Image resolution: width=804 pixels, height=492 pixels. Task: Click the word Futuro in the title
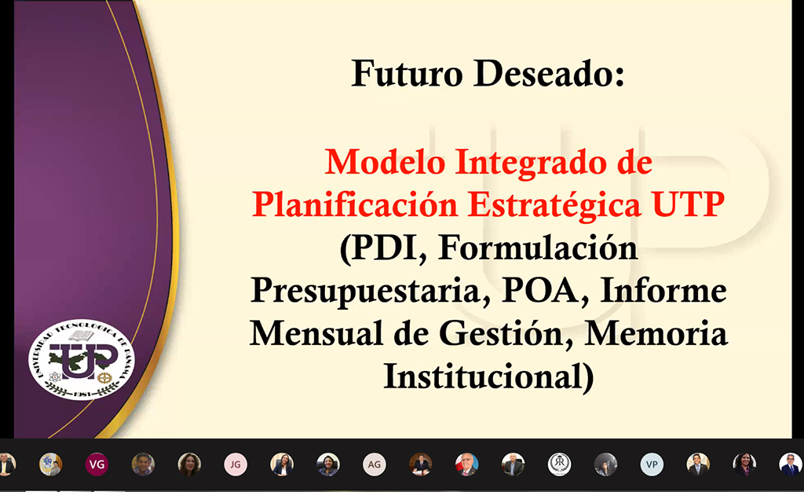[x=407, y=74]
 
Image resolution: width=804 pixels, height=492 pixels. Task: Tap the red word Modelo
[x=385, y=162]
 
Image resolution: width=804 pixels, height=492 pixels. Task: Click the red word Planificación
[x=355, y=205]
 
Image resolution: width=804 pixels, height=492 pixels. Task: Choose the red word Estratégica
[x=554, y=205]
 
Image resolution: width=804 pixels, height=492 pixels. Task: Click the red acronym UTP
[x=688, y=204]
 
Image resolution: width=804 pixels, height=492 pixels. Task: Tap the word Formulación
[x=538, y=248]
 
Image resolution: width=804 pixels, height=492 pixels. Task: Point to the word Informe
[x=663, y=290]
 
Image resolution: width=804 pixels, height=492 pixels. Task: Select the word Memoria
[x=656, y=333]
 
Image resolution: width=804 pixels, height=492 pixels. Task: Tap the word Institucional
[x=488, y=377]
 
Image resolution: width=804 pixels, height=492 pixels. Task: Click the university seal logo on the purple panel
[x=82, y=360]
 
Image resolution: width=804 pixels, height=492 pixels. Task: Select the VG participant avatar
[x=97, y=464]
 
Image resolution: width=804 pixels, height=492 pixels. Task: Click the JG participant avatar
[x=236, y=464]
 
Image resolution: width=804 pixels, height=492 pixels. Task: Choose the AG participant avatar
[x=375, y=464]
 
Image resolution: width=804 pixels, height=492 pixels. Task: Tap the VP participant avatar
[x=652, y=464]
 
